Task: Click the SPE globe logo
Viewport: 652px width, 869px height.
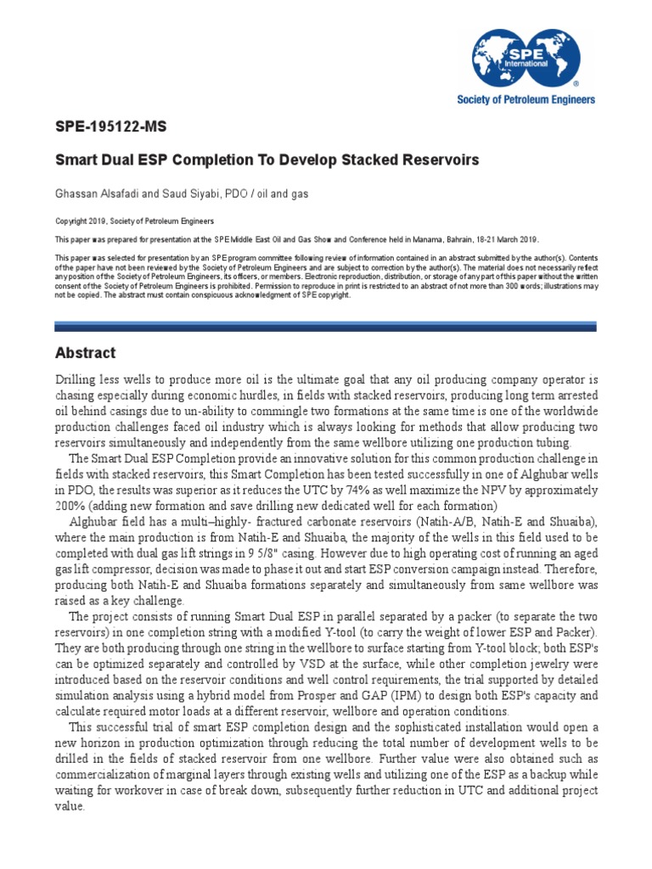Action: [526, 56]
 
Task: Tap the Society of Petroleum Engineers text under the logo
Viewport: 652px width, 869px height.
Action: [526, 99]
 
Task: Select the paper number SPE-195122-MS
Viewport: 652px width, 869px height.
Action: [110, 128]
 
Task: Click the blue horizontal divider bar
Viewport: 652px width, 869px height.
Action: [326, 326]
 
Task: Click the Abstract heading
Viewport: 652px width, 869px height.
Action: [85, 353]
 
